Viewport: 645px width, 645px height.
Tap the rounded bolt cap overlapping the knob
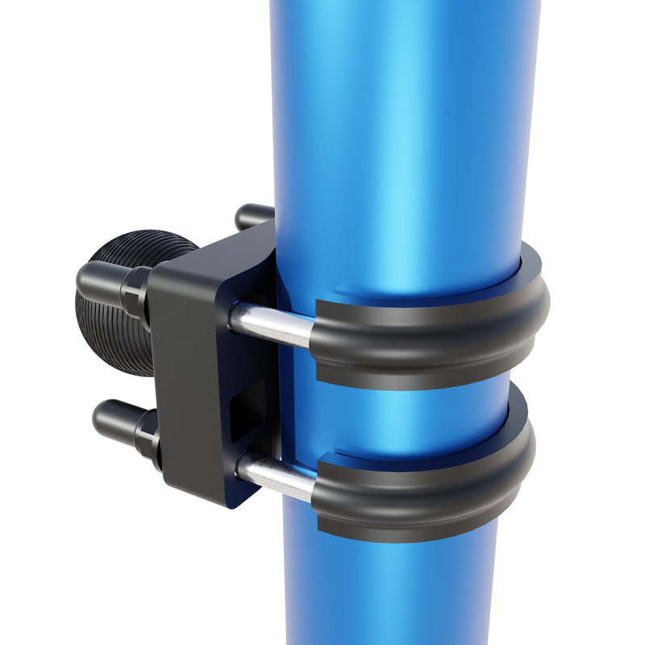pos(97,278)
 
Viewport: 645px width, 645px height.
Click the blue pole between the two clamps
pos(403,415)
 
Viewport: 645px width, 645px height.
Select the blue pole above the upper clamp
pos(403,121)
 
